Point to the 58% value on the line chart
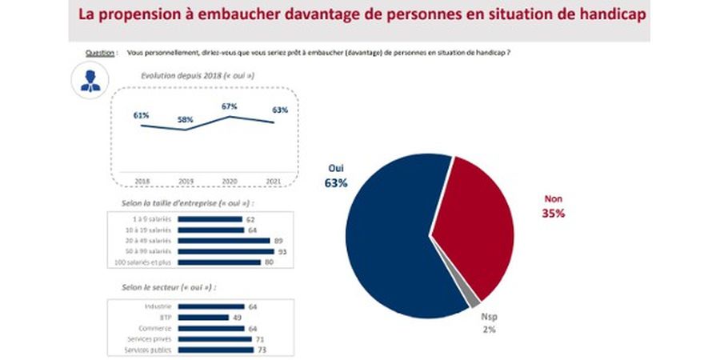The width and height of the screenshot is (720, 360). point(186,119)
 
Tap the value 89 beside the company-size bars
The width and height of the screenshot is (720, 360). point(279,240)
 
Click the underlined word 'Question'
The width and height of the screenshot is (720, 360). point(98,52)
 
